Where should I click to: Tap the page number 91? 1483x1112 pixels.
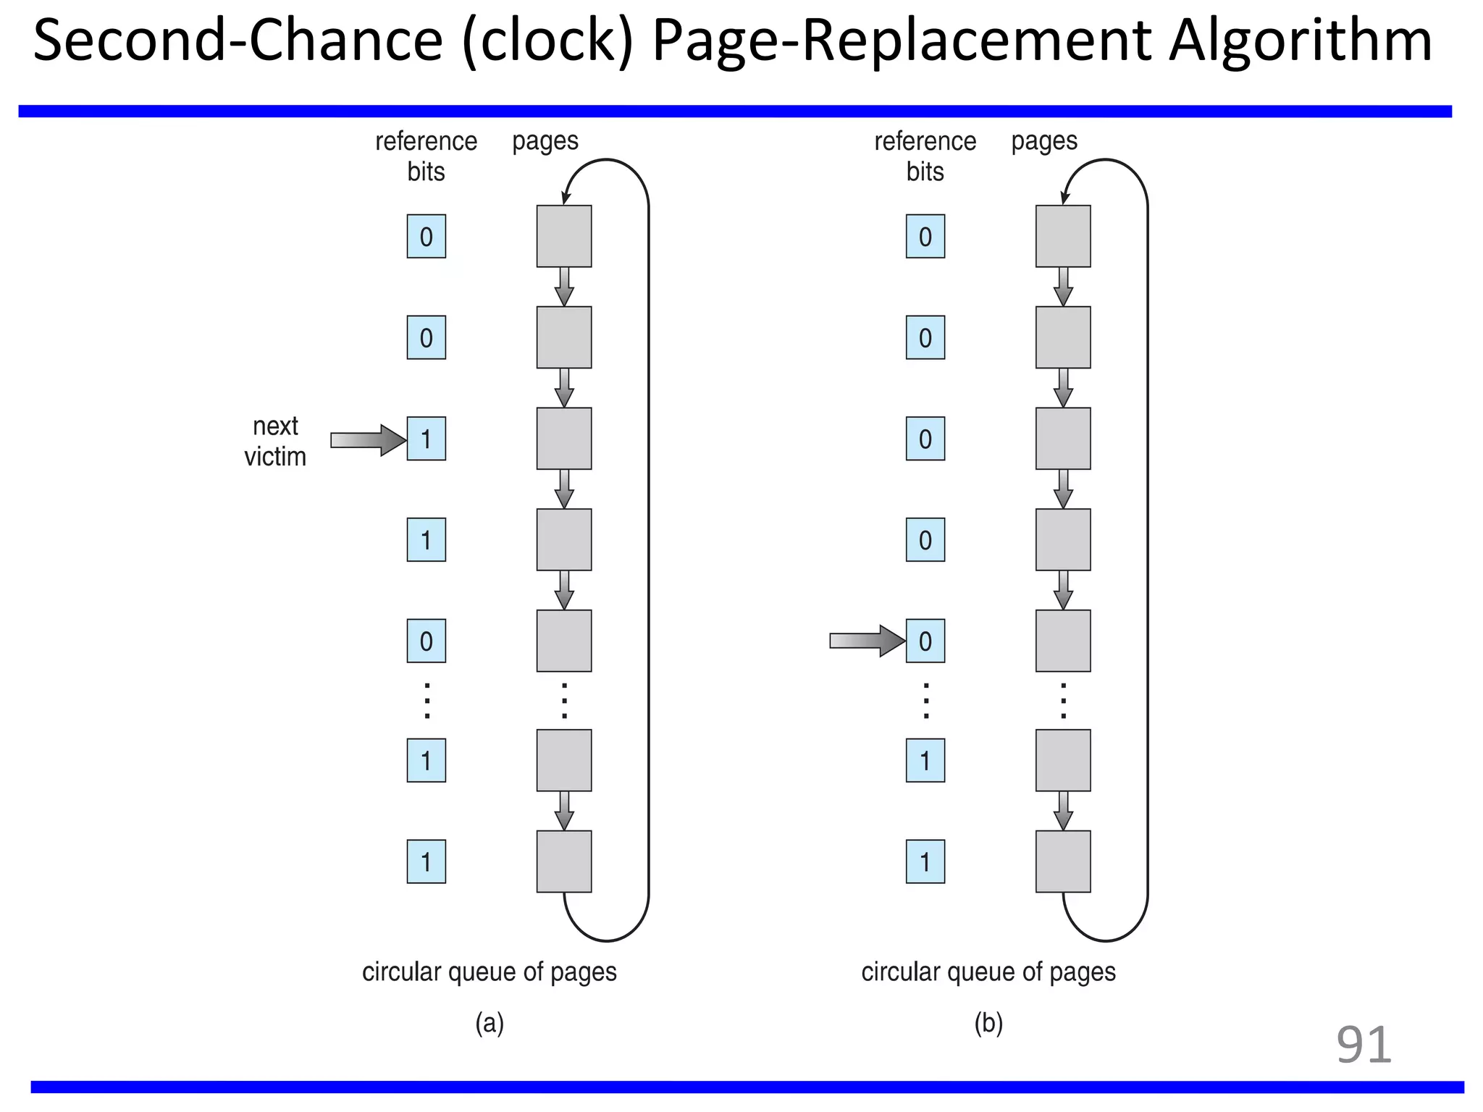(1364, 1045)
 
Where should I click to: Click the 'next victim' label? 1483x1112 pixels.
(275, 441)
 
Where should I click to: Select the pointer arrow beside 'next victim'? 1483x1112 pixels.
(368, 439)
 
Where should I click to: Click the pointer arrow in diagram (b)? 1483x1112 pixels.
(867, 641)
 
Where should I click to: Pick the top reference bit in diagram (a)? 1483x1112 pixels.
(426, 237)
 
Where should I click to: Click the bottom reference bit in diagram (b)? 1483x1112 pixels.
(925, 862)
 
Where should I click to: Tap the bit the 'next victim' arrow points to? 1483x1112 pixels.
(426, 439)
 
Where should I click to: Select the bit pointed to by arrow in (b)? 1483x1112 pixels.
(925, 641)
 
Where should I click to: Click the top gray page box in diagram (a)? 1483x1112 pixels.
(563, 236)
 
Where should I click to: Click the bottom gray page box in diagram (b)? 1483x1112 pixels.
(1062, 861)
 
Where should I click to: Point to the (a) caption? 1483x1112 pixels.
(490, 1023)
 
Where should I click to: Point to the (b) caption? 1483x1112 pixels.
(988, 1023)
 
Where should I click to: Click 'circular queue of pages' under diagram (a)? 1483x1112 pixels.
(489, 972)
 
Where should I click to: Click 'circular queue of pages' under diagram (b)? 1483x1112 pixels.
(988, 972)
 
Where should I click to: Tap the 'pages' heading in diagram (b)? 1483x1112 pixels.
(1043, 140)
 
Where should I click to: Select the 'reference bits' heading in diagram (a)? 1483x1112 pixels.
(426, 156)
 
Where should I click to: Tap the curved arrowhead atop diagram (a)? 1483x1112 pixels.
(566, 197)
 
